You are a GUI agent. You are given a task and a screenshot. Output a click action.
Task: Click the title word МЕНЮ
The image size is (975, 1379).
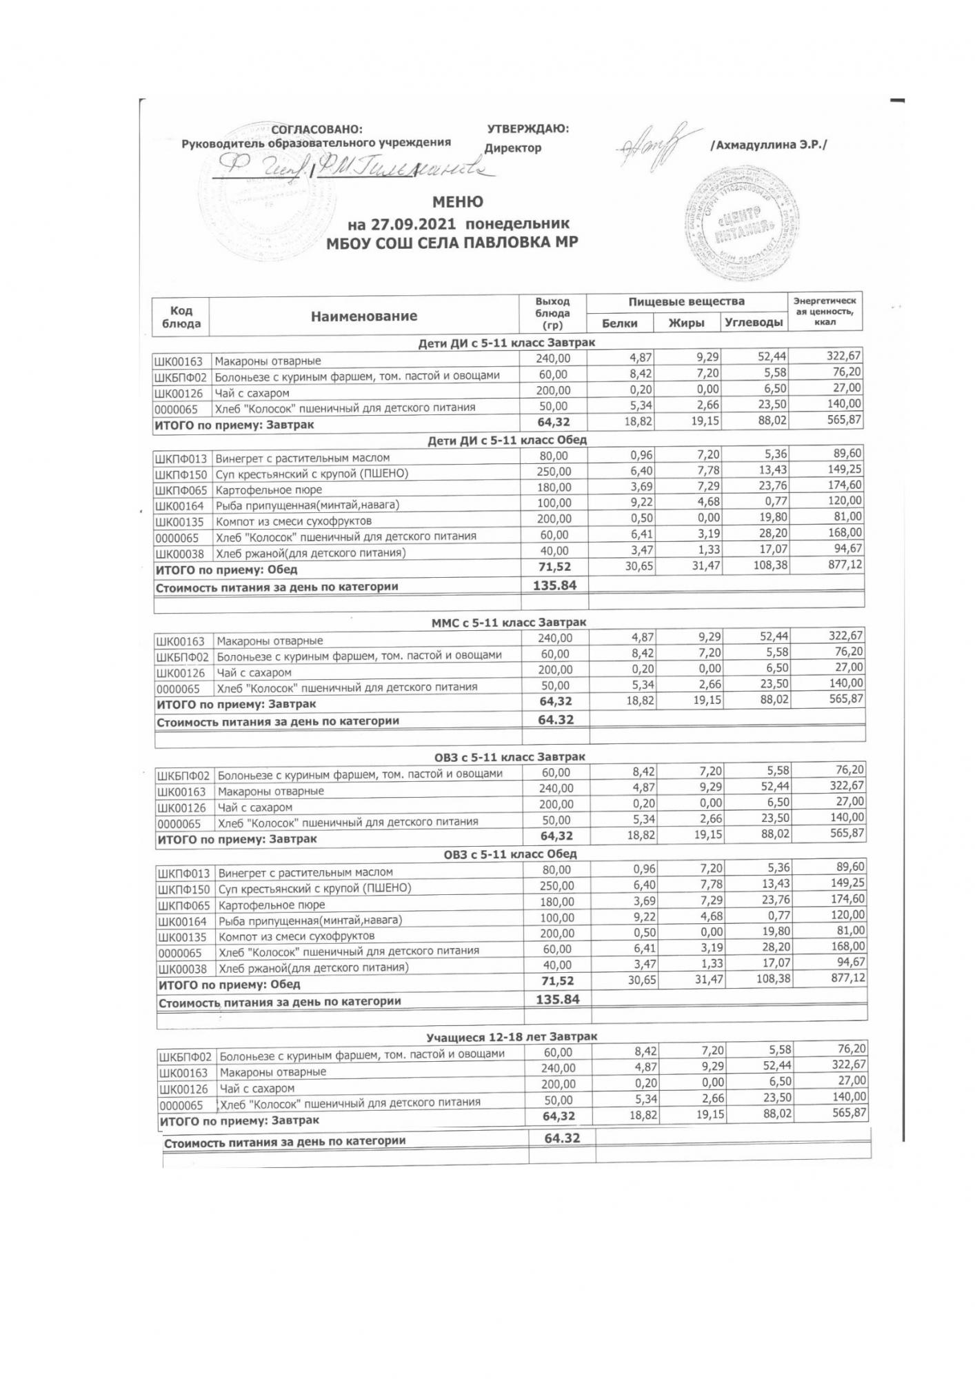click(x=457, y=202)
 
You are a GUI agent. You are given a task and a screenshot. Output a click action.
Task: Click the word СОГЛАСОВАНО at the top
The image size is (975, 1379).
click(x=316, y=130)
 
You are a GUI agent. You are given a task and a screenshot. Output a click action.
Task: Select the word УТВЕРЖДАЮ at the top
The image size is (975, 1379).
click(x=527, y=128)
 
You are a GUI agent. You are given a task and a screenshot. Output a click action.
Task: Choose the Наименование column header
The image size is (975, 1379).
click(x=364, y=316)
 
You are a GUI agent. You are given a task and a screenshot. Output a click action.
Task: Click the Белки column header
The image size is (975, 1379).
click(x=619, y=323)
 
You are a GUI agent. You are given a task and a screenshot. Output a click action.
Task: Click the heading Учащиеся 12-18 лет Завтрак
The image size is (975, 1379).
click(x=512, y=1036)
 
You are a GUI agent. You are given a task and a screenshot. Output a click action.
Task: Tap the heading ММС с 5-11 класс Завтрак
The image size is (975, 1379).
click(x=509, y=623)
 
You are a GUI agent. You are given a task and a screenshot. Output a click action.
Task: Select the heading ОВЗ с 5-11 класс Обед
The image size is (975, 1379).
click(x=510, y=854)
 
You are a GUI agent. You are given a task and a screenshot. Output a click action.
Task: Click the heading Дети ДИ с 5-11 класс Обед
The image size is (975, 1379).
click(x=507, y=440)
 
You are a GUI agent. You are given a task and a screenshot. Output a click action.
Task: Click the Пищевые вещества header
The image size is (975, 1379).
click(x=686, y=301)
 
